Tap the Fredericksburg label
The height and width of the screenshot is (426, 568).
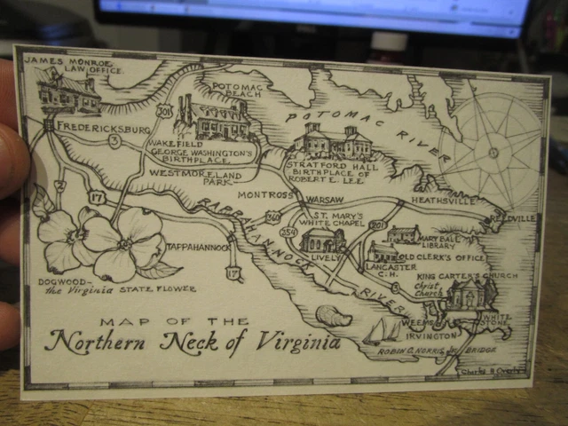pyautogui.click(x=100, y=127)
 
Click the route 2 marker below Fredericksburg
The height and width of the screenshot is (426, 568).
pyautogui.click(x=60, y=185)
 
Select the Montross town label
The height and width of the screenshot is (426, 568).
pyautogui.click(x=265, y=194)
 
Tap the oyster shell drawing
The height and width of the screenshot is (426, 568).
pyautogui.click(x=334, y=315)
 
